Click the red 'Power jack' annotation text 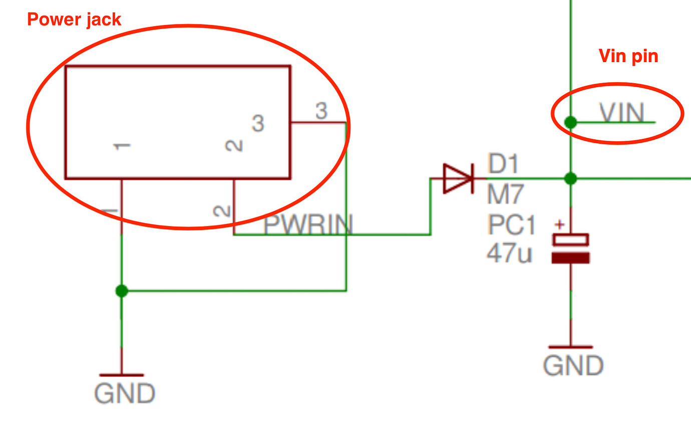click(74, 20)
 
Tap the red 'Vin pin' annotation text click(628, 56)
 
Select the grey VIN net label click(622, 112)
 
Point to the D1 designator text click(503, 164)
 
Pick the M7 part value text click(505, 194)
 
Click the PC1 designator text click(511, 225)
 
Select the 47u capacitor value click(509, 254)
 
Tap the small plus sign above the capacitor click(560, 225)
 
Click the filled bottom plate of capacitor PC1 click(570, 258)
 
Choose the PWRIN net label click(308, 225)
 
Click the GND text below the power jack click(125, 393)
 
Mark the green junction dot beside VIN click(570, 122)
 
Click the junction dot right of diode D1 click(570, 178)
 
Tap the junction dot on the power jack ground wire click(121, 291)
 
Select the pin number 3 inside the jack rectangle click(257, 123)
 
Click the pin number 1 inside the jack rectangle click(122, 146)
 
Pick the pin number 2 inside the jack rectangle click(233, 146)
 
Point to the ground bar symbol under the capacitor click(570, 347)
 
